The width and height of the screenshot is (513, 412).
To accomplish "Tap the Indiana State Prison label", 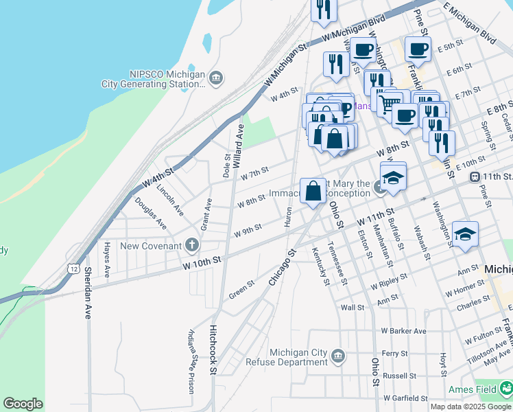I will click(x=191, y=361).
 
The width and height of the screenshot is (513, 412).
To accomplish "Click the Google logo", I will click(x=23, y=404).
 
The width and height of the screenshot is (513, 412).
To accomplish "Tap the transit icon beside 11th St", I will click(x=474, y=176).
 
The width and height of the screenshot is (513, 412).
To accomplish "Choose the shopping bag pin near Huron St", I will click(x=313, y=191).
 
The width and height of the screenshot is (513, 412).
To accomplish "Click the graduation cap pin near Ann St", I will click(x=465, y=234).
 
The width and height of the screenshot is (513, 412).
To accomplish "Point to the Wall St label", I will click(x=352, y=307).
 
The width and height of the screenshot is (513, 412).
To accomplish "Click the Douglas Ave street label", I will click(x=150, y=213).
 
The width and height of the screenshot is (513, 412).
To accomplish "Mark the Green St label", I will click(x=241, y=288).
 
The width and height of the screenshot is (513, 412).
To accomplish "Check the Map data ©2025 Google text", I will click(x=470, y=407).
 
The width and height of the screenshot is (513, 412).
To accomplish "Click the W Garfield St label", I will click(x=405, y=398).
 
